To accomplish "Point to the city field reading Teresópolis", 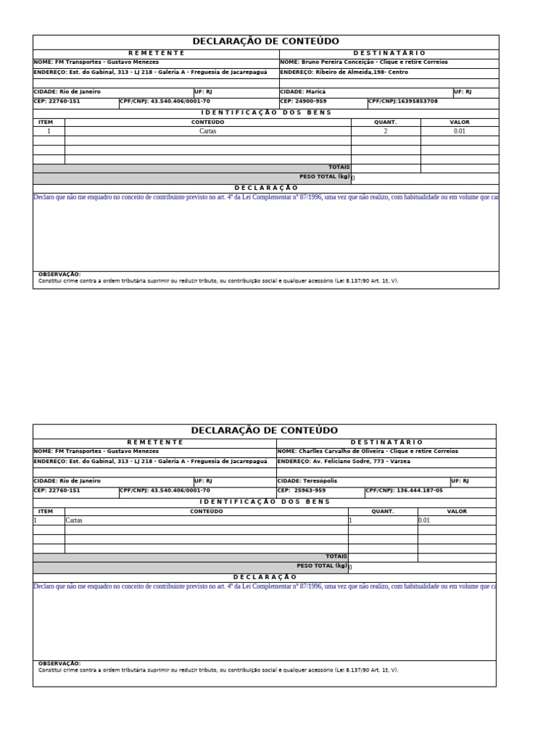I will (x=319, y=481).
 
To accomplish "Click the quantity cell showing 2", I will (x=385, y=132).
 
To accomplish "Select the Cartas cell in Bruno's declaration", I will (x=207, y=132).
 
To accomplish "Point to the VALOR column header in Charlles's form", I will (x=456, y=512).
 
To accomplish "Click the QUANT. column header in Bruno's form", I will (x=385, y=123).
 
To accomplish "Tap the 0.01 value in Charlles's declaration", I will (x=424, y=521).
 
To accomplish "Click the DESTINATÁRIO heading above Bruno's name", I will (x=389, y=53).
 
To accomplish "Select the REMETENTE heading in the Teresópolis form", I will (x=155, y=442).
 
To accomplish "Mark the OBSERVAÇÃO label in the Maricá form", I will (x=59, y=275).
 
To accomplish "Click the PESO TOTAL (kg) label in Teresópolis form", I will (x=321, y=566).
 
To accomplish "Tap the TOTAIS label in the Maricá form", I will (x=339, y=167).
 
